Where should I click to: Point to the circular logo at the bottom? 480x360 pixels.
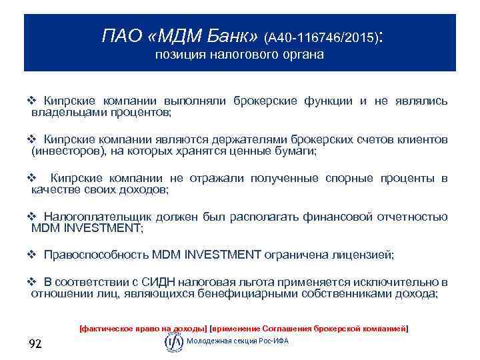click(173, 341)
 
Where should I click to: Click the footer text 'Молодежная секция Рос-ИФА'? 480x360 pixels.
click(238, 341)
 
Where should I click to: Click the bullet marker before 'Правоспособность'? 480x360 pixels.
click(31, 255)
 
